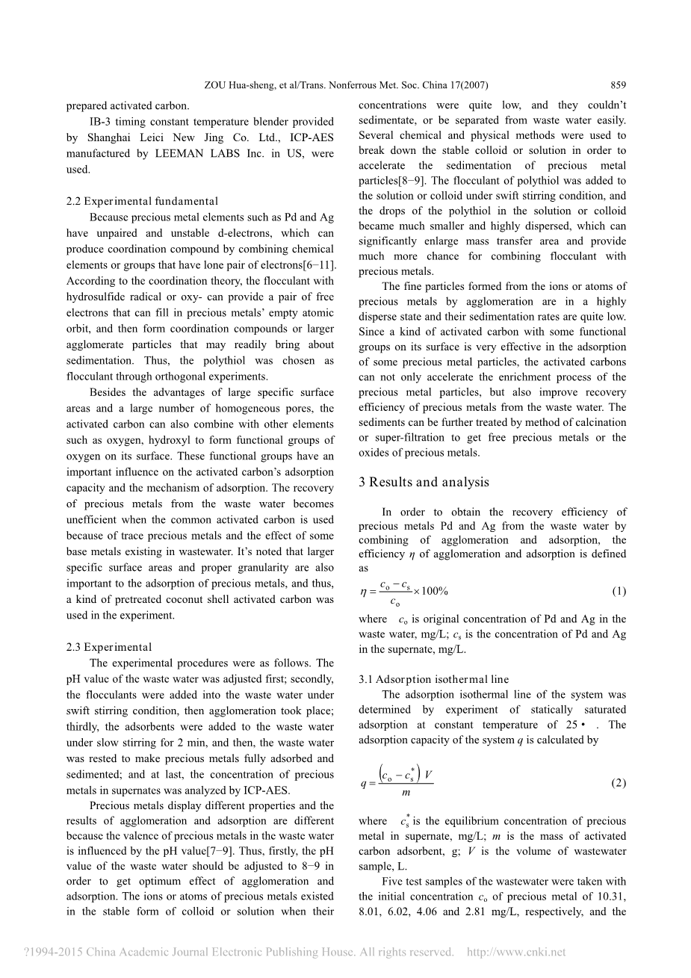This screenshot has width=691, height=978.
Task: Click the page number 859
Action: (x=618, y=85)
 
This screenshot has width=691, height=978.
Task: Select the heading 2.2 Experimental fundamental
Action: (x=142, y=201)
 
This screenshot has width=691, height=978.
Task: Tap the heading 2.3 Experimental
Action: (x=109, y=647)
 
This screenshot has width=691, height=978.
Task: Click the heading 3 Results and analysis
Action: (x=424, y=482)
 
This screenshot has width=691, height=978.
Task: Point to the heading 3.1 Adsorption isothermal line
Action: (x=433, y=679)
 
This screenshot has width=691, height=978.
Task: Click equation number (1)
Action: (x=619, y=591)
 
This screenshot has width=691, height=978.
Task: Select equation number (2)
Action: (x=619, y=782)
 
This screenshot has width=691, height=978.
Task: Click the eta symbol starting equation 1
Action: (x=364, y=591)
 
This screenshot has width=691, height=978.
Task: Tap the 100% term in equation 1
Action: (x=435, y=591)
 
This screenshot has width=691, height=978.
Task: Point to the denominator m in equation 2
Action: (x=406, y=793)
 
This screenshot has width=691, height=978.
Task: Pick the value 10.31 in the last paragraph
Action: (x=612, y=897)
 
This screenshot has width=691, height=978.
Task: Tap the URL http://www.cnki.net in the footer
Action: (x=516, y=952)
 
